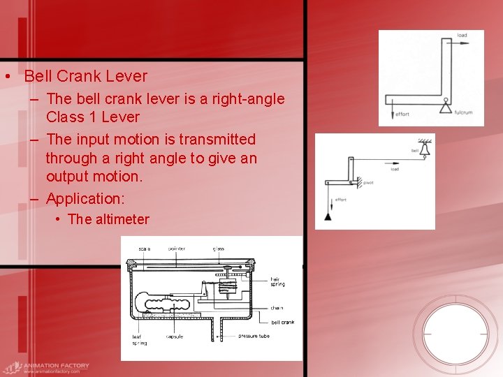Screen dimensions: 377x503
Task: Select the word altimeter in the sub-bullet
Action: [122, 219]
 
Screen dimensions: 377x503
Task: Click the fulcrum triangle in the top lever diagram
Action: [444, 107]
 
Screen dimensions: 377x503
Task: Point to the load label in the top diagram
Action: [462, 35]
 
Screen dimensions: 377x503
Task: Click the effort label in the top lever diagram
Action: [402, 114]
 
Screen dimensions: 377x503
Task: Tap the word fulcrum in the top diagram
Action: [464, 112]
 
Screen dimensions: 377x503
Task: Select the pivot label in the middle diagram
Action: [368, 183]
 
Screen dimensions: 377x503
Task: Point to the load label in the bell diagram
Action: [395, 170]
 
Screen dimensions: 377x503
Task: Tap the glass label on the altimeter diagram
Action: [219, 249]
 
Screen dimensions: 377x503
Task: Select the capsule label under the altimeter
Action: [175, 337]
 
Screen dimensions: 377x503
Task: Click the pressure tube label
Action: [253, 337]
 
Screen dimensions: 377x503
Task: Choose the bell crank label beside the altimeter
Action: [282, 323]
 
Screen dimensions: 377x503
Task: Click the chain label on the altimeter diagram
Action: [277, 308]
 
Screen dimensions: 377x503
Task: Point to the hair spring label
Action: [277, 282]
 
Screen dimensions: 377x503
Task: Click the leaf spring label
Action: [140, 339]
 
